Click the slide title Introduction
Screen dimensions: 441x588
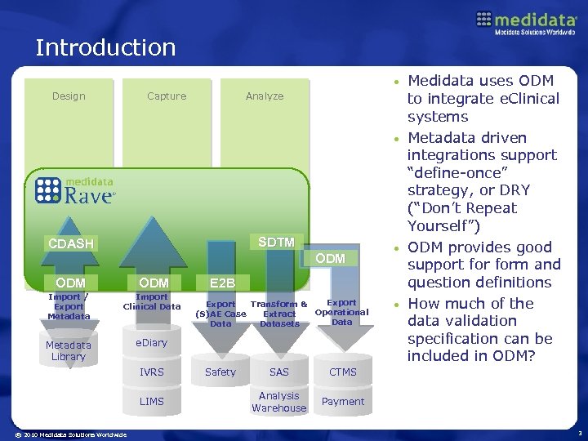pos(105,47)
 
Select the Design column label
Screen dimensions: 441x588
pos(69,96)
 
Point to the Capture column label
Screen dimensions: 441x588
pos(167,96)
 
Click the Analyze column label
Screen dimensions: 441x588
pos(265,96)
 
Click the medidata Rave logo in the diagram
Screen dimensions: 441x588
pos(78,190)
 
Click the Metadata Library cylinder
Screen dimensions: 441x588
pos(69,351)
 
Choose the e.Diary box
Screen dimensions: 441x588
pos(151,343)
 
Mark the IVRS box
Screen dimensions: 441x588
pos(152,372)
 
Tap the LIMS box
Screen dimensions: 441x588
pos(152,401)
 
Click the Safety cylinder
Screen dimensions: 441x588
pos(220,372)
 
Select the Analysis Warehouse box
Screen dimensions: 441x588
pos(279,402)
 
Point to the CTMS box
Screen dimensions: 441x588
pos(343,372)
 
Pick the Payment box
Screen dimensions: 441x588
pos(343,402)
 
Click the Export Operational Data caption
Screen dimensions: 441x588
pos(342,311)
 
